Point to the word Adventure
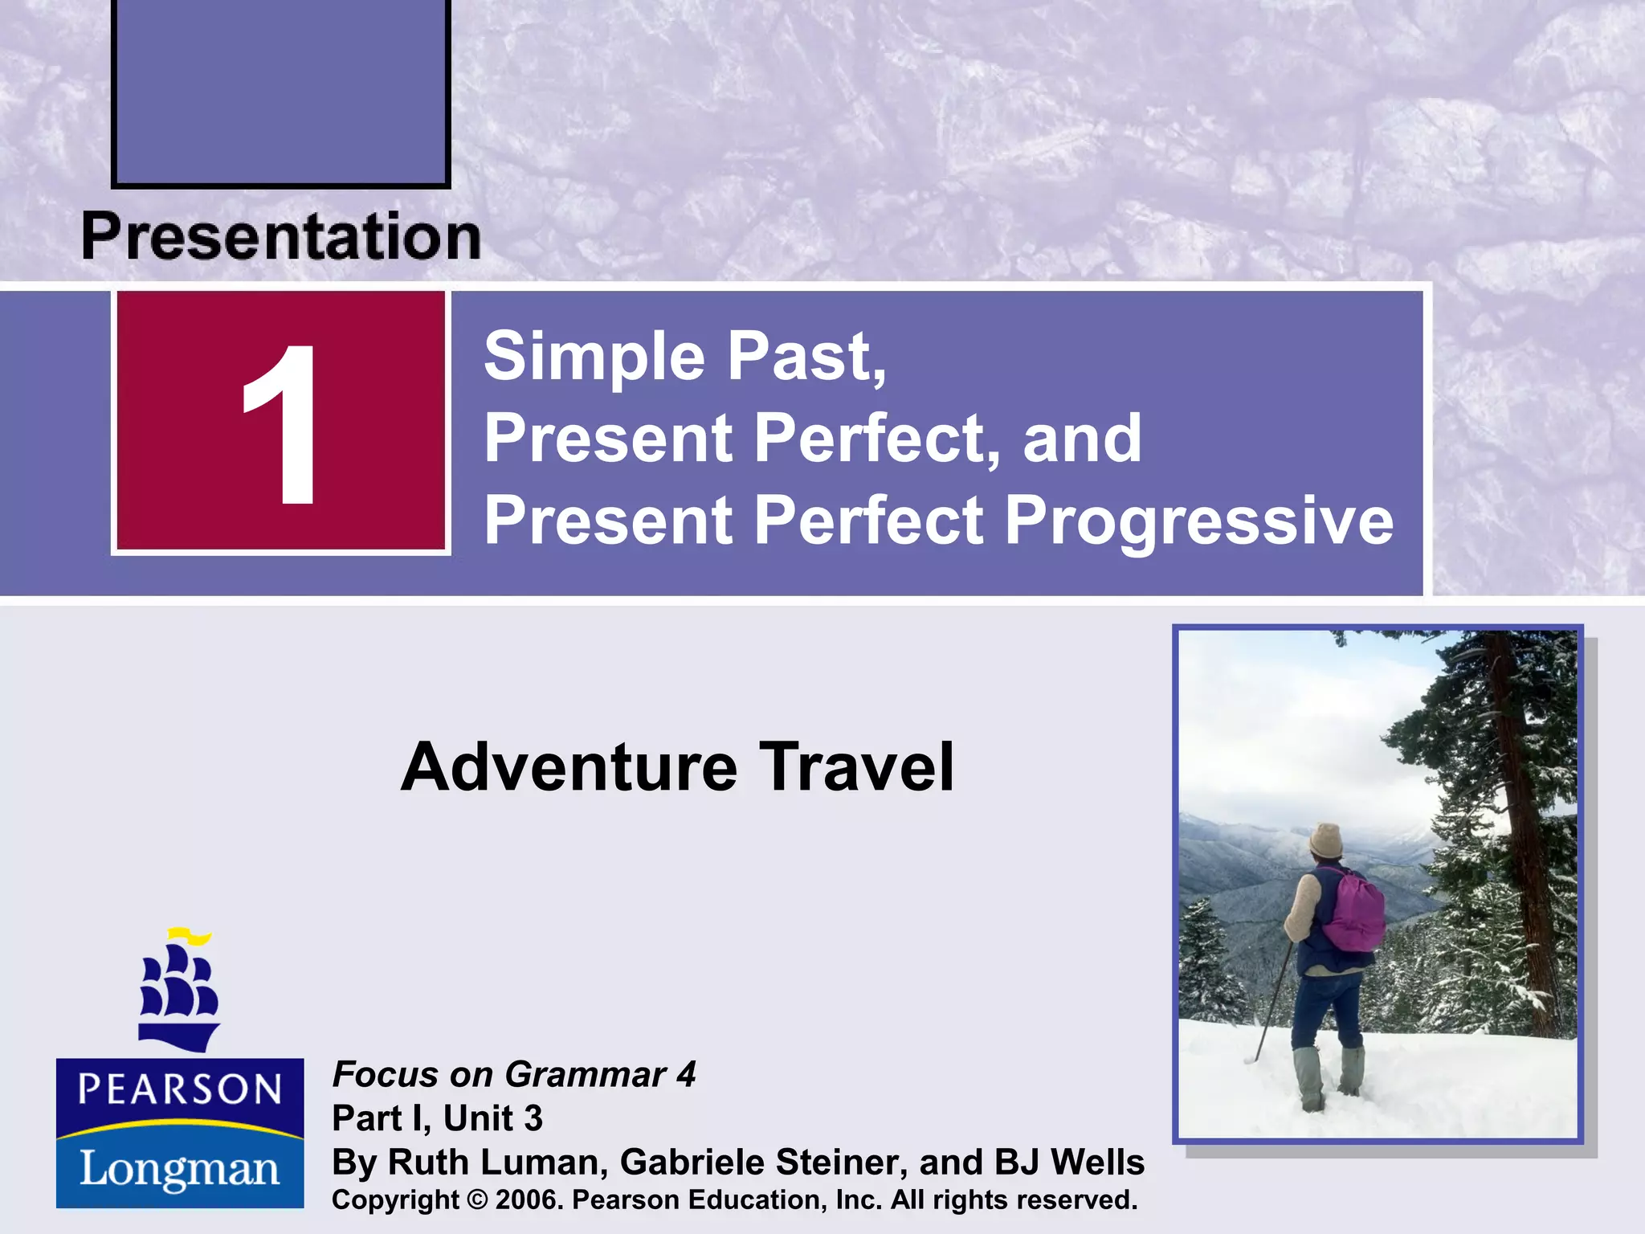pos(568,767)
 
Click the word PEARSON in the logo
pos(180,1089)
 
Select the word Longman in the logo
pos(180,1168)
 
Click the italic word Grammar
pos(586,1075)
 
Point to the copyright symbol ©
pos(477,1200)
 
